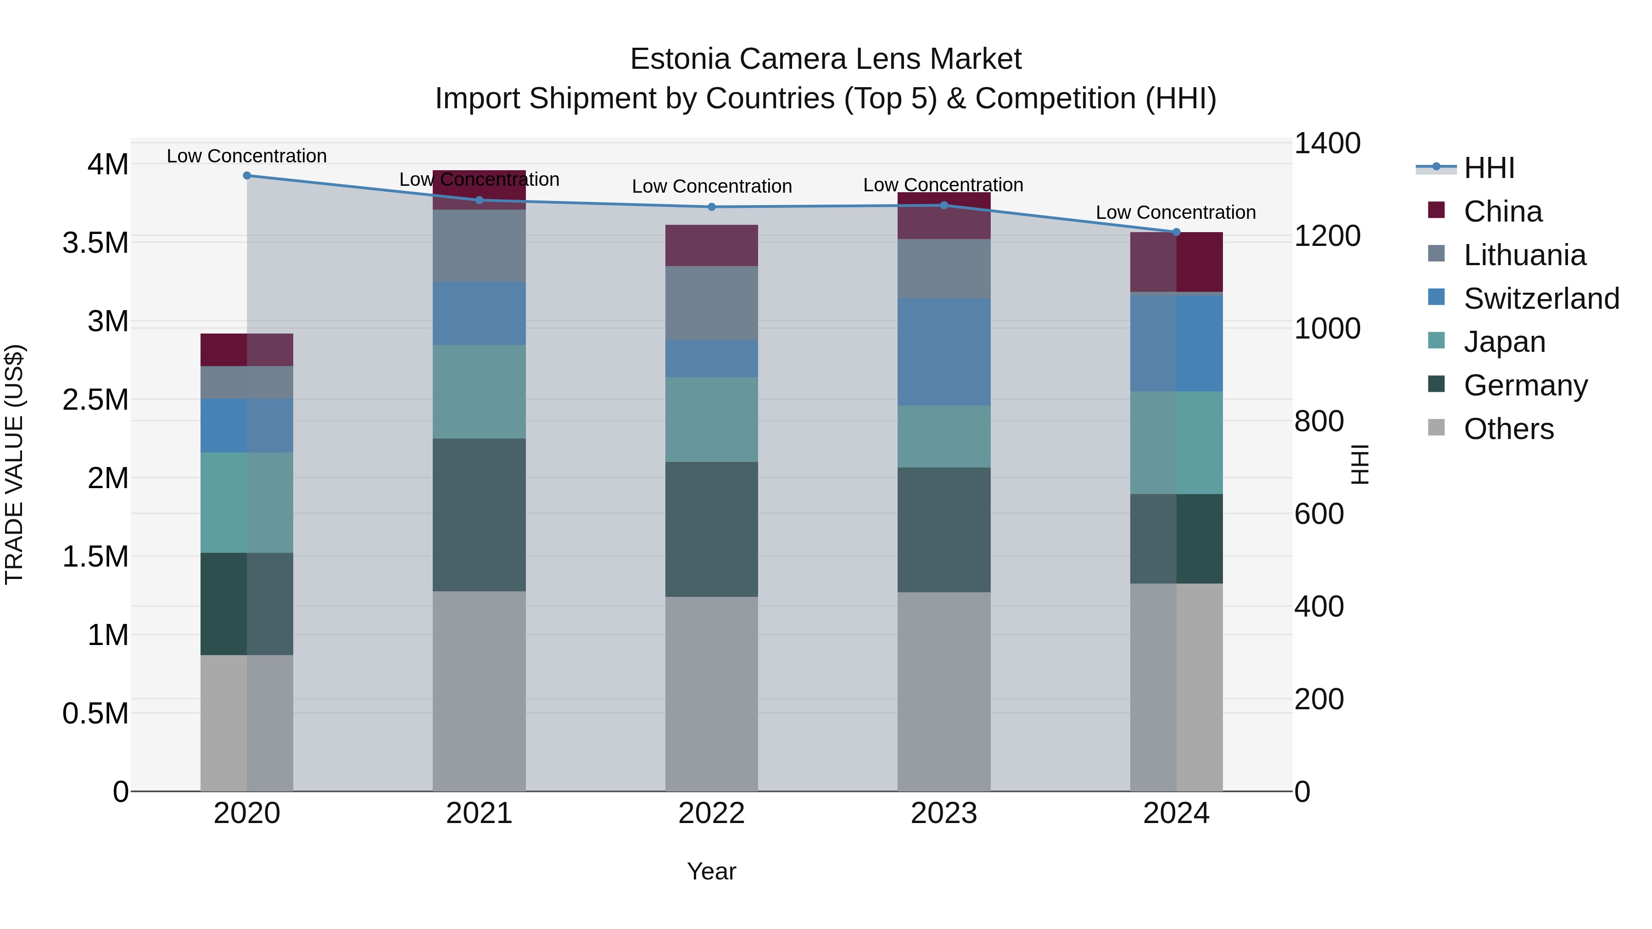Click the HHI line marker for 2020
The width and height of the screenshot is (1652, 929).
click(x=247, y=175)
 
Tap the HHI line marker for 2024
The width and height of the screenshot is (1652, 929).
click(x=1176, y=232)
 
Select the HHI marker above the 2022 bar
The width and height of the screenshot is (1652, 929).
click(x=711, y=207)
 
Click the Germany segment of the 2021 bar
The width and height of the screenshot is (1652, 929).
click(x=479, y=515)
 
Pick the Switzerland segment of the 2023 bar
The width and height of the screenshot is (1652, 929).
click(x=943, y=351)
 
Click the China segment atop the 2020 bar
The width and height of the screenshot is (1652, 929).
click(x=247, y=350)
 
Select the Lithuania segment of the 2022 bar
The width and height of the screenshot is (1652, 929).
click(x=711, y=303)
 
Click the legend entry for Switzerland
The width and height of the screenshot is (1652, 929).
click(x=1541, y=299)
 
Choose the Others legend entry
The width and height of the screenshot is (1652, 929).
click(x=1508, y=429)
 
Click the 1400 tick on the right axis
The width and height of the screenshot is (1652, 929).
click(x=1327, y=143)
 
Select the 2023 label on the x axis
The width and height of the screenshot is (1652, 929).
click(x=943, y=813)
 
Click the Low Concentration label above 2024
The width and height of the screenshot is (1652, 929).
click(x=1176, y=212)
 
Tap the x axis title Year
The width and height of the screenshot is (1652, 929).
click(x=711, y=871)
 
